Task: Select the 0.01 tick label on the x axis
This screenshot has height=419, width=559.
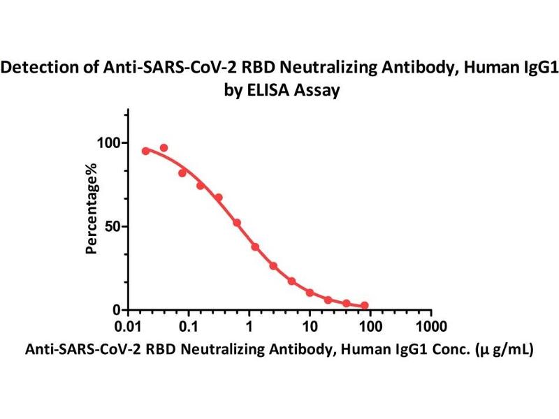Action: pyautogui.click(x=127, y=327)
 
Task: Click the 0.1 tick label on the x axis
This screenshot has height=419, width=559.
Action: pyautogui.click(x=188, y=327)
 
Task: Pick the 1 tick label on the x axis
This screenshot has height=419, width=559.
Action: pyautogui.click(x=249, y=327)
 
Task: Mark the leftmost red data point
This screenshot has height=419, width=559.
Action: pyautogui.click(x=145, y=151)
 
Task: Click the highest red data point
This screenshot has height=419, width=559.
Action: pyautogui.click(x=164, y=148)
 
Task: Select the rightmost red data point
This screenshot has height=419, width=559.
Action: pyautogui.click(x=365, y=305)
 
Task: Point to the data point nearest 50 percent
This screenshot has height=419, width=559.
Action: pyautogui.click(x=237, y=223)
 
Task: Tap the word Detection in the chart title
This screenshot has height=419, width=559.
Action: pyautogui.click(x=42, y=68)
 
